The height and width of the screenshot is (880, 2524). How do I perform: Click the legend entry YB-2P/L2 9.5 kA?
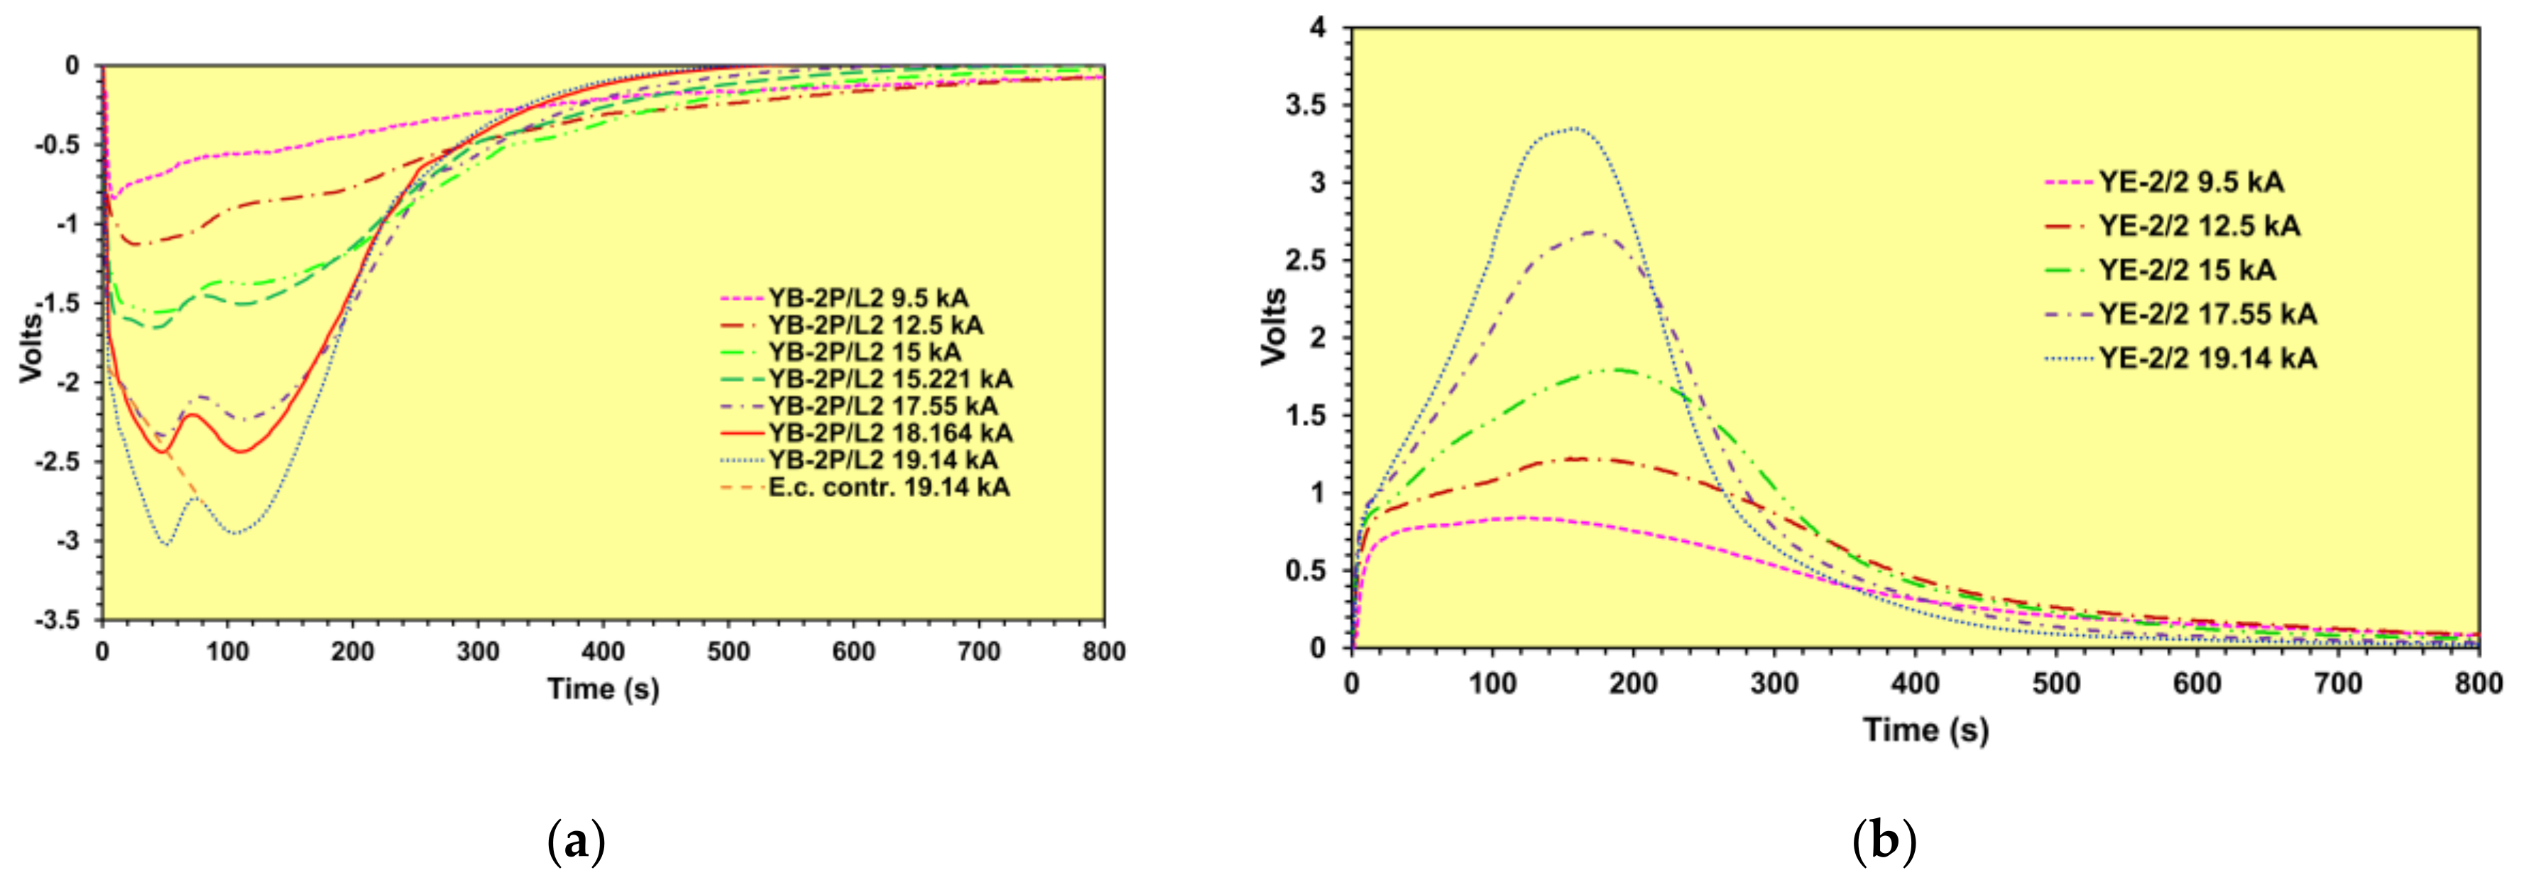867,298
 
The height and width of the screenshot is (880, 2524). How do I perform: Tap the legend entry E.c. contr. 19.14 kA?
887,487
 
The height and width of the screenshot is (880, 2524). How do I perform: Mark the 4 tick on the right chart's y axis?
1318,28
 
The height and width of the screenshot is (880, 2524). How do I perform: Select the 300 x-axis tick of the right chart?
1774,683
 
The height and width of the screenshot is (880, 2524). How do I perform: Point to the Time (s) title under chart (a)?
603,689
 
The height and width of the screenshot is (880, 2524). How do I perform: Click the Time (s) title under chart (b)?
1925,730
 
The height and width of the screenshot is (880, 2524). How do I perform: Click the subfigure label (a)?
575,842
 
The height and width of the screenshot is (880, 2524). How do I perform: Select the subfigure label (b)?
1884,842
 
